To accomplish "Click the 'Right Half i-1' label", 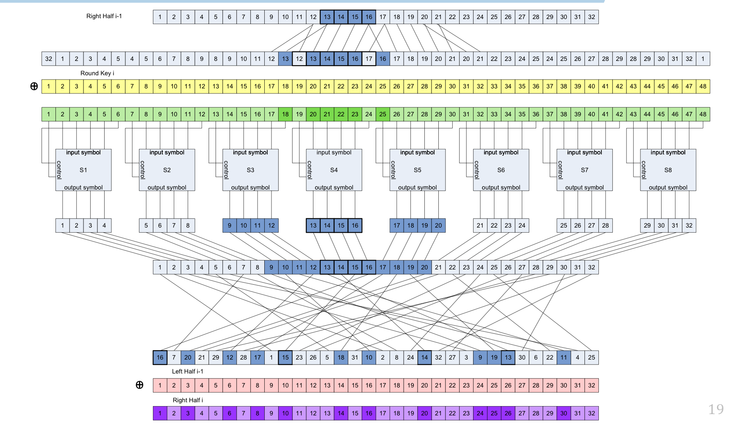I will (x=104, y=16).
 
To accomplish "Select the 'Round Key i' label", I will (x=97, y=73).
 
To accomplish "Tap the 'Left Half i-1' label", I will (x=187, y=371).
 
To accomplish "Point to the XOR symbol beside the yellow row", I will (x=34, y=86).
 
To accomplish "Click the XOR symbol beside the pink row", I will (x=139, y=385).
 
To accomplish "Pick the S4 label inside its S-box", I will (x=334, y=170).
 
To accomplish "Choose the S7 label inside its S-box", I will (x=584, y=170).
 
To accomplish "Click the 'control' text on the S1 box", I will (x=59, y=170).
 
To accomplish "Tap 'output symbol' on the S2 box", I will (x=167, y=187).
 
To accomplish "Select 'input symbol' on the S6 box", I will (x=501, y=152).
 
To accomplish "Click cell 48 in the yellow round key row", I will (x=703, y=86).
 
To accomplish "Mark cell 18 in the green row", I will (x=285, y=114).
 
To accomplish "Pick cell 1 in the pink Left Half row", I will (x=160, y=385).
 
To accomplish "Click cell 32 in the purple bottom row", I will (x=591, y=413).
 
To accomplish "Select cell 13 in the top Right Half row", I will (x=327, y=17).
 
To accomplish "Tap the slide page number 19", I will (x=716, y=409).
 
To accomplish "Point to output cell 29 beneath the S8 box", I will (x=647, y=225).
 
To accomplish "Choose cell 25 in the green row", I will (x=382, y=114).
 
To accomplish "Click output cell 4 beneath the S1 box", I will (x=104, y=225).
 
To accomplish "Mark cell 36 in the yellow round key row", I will (x=536, y=86).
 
